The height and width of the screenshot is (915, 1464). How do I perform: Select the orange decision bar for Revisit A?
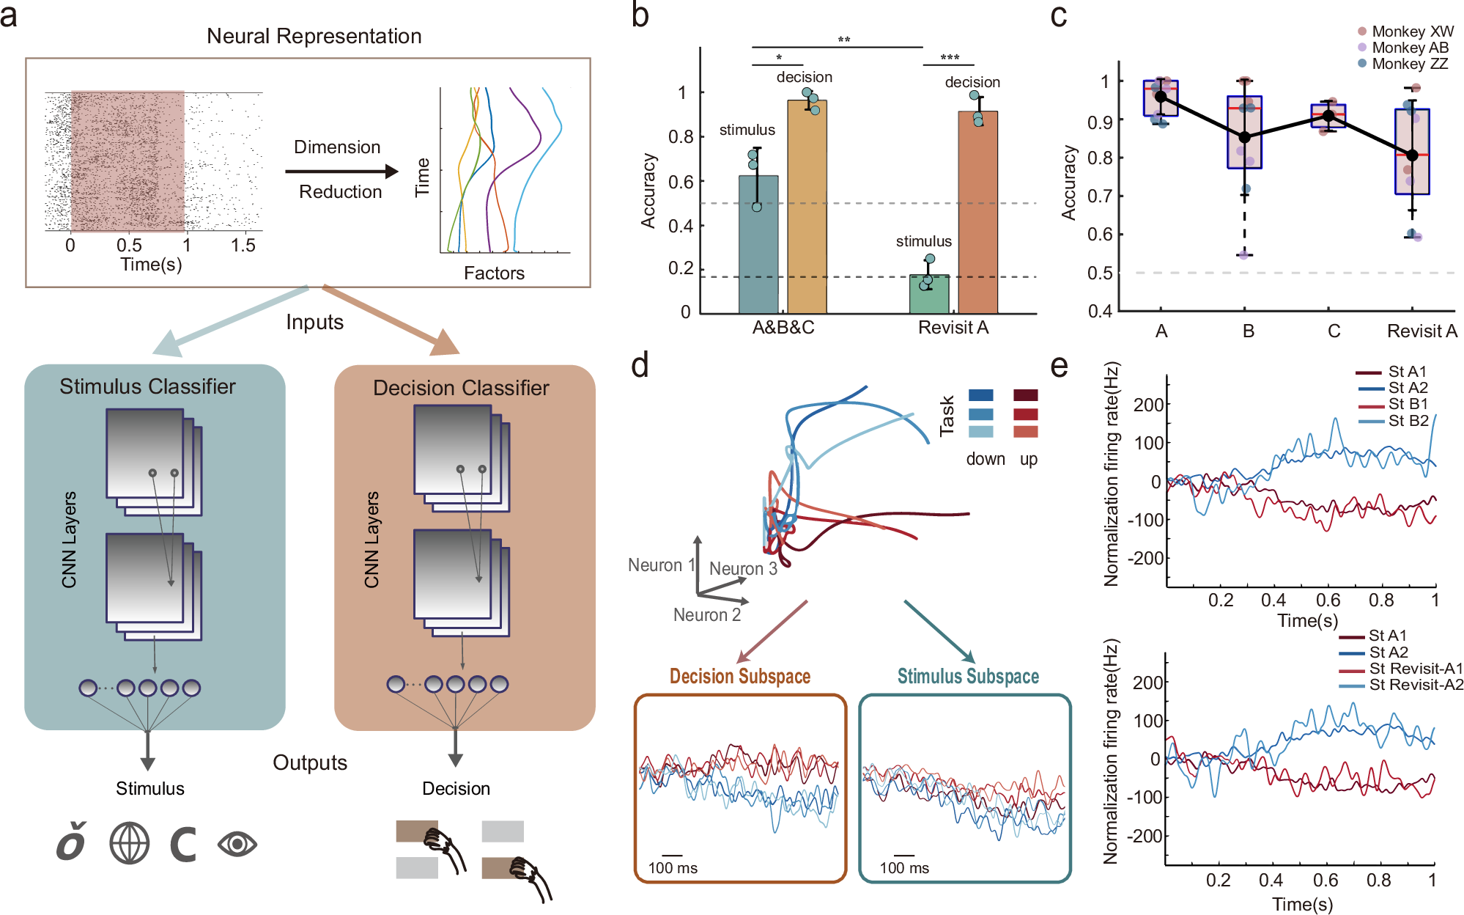(x=977, y=213)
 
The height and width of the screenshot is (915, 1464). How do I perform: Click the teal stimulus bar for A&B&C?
(x=758, y=245)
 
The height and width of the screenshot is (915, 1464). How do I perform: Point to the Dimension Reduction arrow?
(x=341, y=172)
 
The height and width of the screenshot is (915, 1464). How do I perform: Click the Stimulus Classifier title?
(x=147, y=386)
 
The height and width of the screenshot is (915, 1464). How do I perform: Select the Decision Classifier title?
(x=461, y=388)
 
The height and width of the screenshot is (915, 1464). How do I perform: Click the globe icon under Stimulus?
(x=130, y=843)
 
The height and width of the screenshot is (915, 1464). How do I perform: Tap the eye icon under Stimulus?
(x=237, y=845)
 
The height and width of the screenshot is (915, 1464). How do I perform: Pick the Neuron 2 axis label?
(x=706, y=615)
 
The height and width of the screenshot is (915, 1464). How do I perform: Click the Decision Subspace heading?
(x=739, y=676)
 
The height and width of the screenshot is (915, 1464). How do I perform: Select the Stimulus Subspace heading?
(x=968, y=676)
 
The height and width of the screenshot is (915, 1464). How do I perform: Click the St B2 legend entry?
(x=1407, y=421)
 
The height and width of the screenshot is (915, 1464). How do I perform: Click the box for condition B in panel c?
(x=1244, y=132)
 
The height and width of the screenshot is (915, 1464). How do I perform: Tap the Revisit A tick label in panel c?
(x=1422, y=331)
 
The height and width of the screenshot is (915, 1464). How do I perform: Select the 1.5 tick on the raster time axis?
(x=243, y=246)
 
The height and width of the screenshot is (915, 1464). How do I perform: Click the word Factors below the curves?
(x=494, y=273)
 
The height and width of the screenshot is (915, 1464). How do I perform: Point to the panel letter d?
(x=640, y=364)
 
